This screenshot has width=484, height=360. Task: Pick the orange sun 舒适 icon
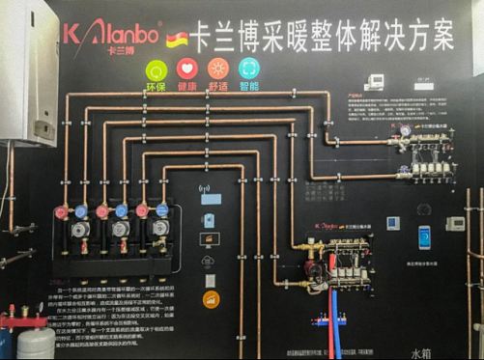tap(218, 69)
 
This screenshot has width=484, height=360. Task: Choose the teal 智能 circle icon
tap(249, 69)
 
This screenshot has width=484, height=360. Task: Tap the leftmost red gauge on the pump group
tap(62, 212)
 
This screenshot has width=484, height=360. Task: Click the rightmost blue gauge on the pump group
tap(161, 209)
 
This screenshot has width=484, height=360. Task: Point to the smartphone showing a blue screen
tap(424, 236)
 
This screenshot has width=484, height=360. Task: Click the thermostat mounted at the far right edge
tap(454, 224)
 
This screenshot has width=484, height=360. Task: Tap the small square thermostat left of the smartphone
tap(392, 222)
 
